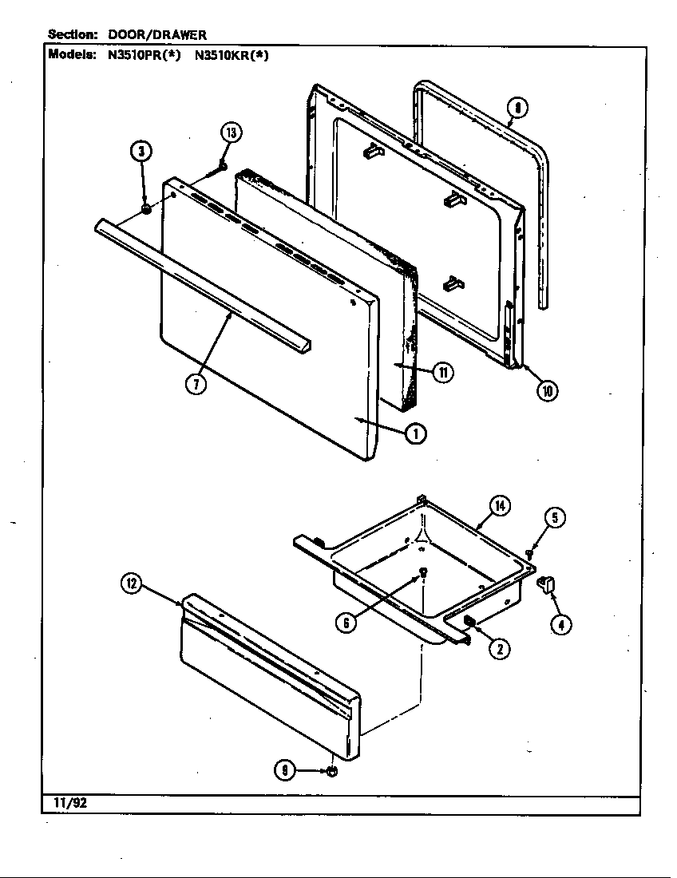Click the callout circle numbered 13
coord(231,133)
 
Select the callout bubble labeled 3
coord(141,151)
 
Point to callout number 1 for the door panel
coord(415,433)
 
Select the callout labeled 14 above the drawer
coord(500,505)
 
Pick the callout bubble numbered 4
coord(560,625)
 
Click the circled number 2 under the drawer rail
coord(500,648)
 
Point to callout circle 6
coord(346,623)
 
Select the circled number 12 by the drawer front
coord(132,585)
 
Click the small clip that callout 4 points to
coord(547,585)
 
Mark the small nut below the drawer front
coord(333,772)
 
